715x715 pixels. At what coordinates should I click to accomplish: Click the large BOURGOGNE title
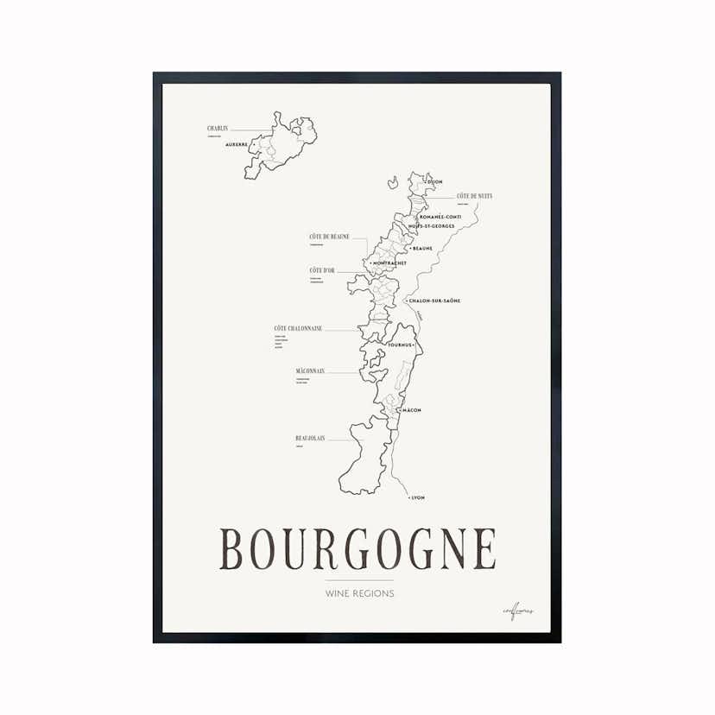pos(357,549)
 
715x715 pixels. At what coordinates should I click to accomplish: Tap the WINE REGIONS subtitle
pos(359,593)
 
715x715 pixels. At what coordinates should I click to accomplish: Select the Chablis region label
pos(218,129)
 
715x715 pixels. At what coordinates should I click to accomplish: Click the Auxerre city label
pos(236,144)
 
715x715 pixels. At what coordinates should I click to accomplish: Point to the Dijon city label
pos(434,182)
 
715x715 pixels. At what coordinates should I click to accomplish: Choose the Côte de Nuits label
pos(474,196)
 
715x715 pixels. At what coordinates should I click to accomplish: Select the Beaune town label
pos(422,248)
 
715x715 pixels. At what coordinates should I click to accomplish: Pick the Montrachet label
pos(389,263)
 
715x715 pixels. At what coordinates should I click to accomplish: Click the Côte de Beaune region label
pos(328,237)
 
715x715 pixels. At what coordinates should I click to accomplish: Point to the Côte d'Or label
pos(322,271)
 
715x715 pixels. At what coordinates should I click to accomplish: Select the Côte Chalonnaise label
pos(298,328)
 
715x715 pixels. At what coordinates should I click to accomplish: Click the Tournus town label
pos(402,345)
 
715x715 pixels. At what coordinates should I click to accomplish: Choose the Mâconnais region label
pos(310,371)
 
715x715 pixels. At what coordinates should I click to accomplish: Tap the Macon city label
pos(411,410)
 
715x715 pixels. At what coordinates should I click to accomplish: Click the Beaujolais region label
pos(310,438)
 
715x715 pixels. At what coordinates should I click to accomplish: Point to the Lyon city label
pos(419,498)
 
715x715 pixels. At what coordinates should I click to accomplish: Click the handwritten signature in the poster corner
pos(517,611)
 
